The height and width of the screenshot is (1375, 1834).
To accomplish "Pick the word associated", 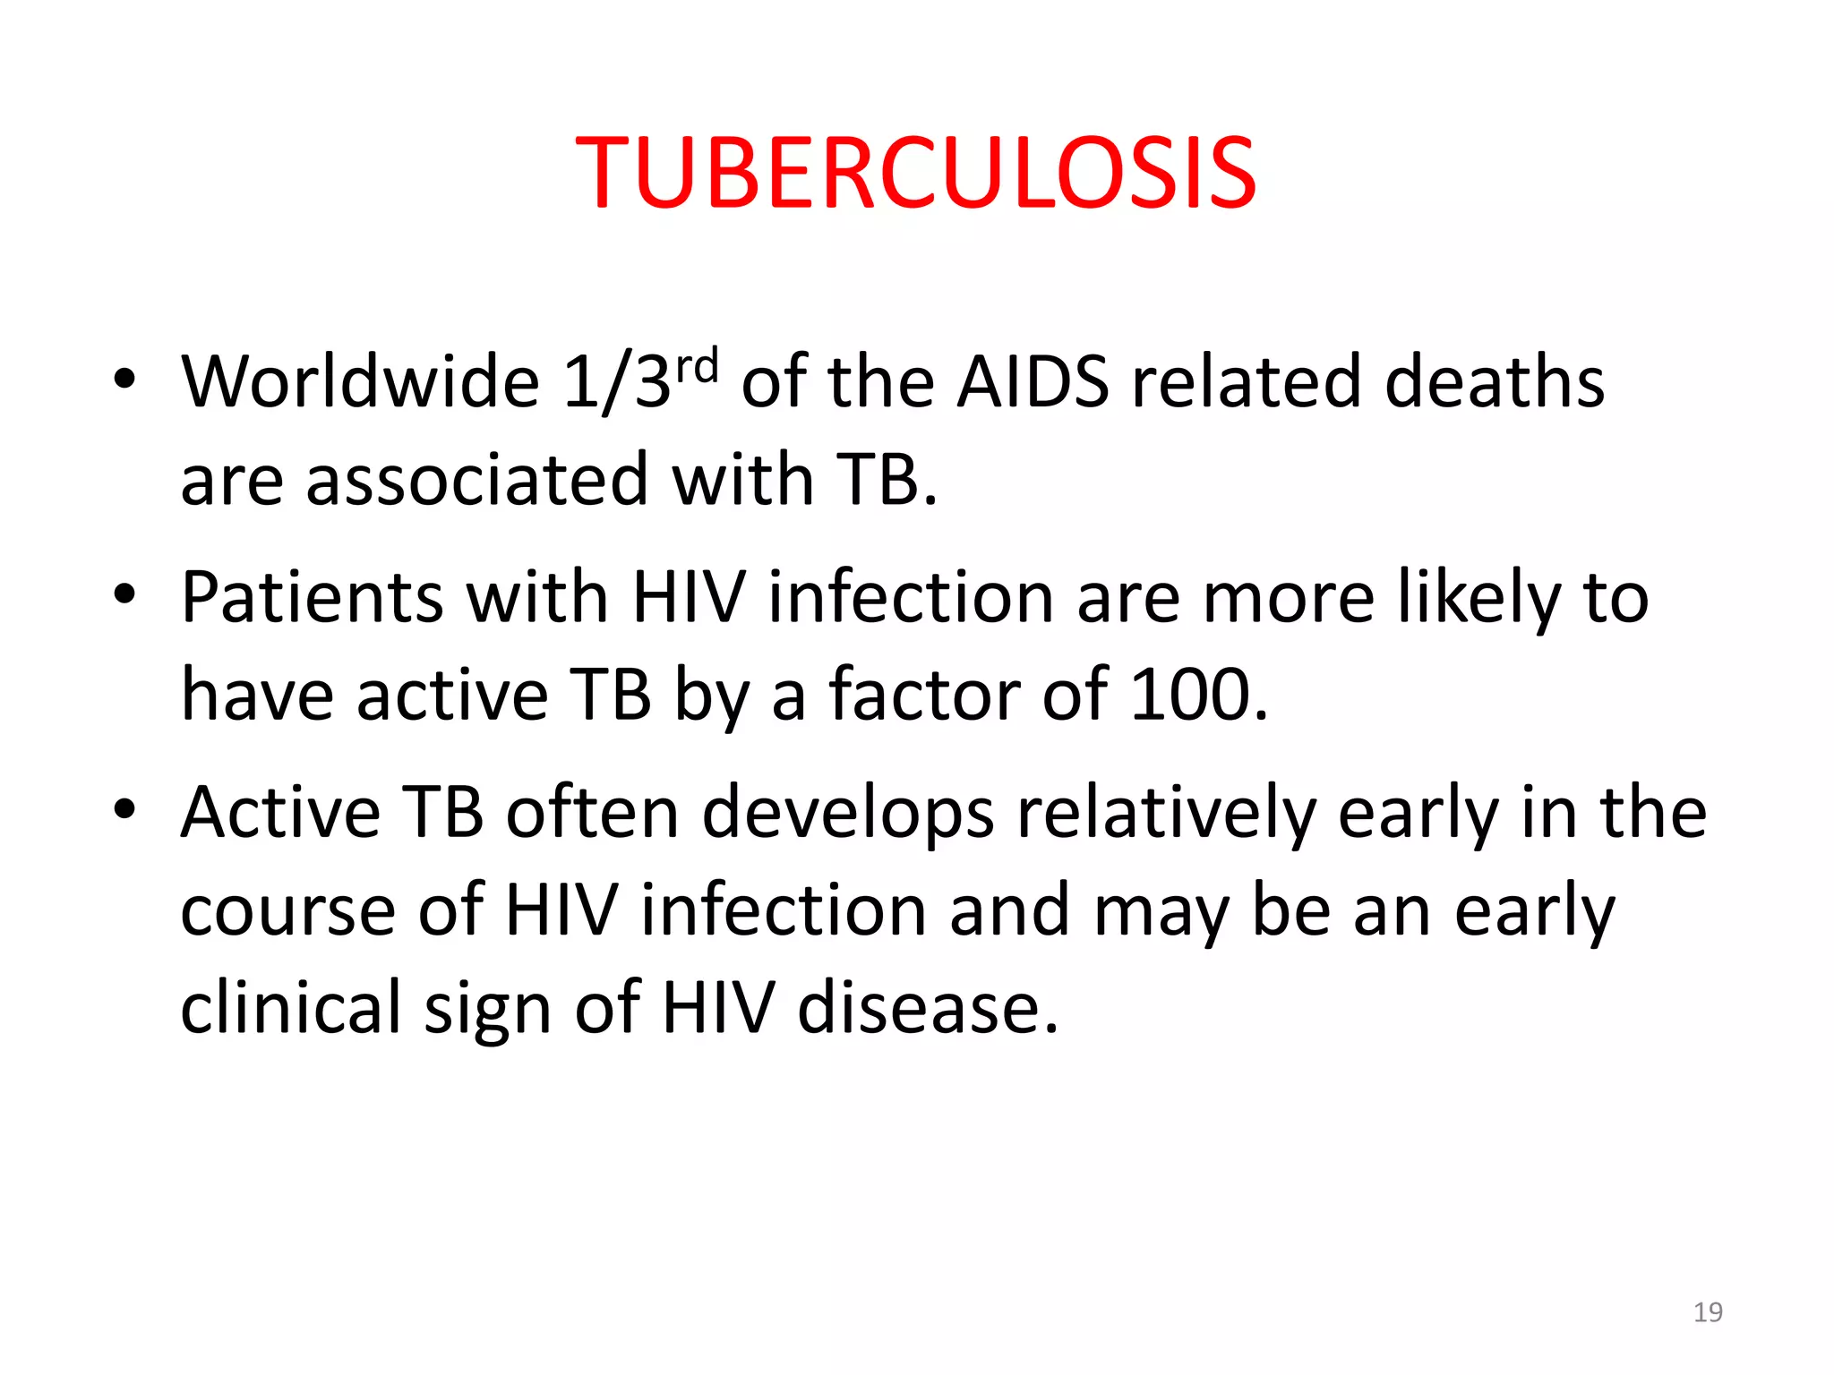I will tap(476, 480).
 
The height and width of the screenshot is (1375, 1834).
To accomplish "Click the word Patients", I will tap(311, 597).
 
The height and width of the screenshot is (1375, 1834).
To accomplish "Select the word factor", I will tap(924, 695).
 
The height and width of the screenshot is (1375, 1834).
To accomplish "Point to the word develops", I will tap(847, 812).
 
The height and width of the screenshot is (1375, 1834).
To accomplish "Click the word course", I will tap(287, 911).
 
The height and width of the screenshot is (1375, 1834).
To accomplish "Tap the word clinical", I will tap(290, 1008).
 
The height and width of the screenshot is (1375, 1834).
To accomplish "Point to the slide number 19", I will tap(1708, 1312).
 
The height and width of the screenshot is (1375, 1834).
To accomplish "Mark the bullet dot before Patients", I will tap(124, 594).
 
